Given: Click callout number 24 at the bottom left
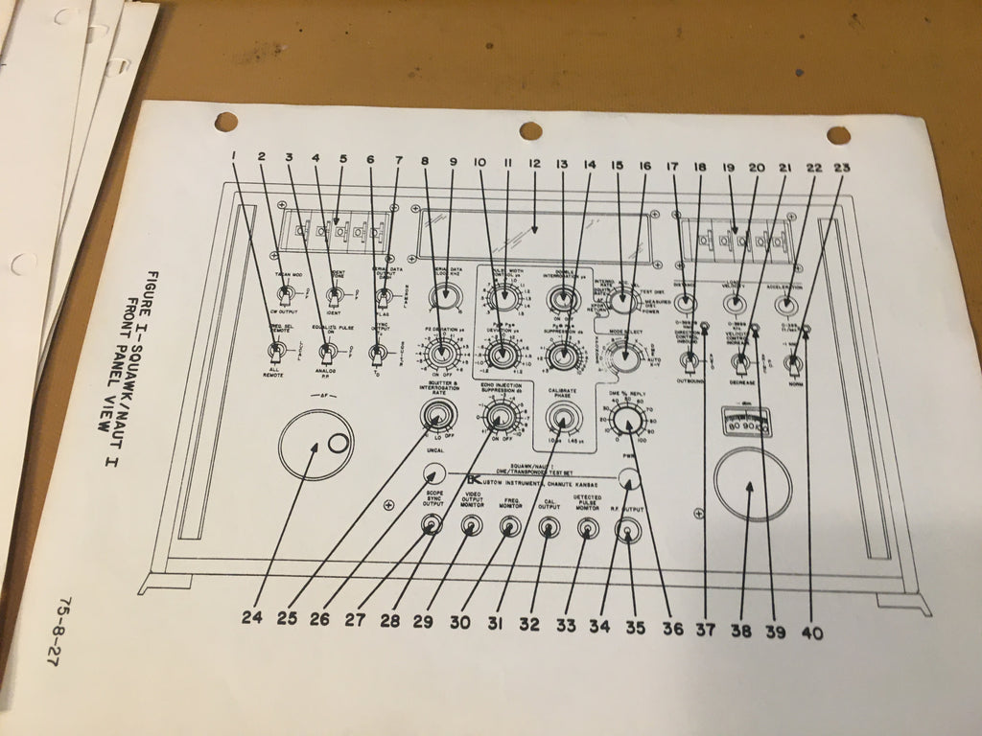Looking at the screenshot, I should tap(251, 618).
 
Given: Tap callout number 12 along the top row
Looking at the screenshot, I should tap(534, 165).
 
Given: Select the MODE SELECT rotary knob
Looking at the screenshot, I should tap(627, 357).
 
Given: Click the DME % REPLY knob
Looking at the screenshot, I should tap(627, 421).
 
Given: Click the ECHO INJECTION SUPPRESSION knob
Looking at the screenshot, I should tap(499, 416).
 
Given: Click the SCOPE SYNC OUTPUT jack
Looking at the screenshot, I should tap(432, 524).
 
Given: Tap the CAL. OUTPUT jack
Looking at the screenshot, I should tap(549, 526).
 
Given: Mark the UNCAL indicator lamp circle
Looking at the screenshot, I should tap(434, 474).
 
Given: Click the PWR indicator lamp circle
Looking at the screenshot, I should tap(628, 479).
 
